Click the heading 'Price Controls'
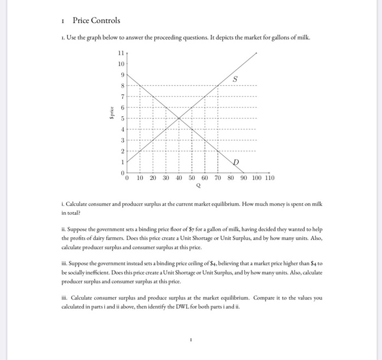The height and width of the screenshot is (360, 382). click(x=96, y=21)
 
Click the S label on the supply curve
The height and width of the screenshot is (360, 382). click(x=235, y=79)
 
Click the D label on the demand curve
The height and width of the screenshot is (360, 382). click(x=236, y=163)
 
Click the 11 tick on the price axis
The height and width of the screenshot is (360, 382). click(x=121, y=53)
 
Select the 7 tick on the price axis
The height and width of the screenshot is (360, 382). click(x=122, y=97)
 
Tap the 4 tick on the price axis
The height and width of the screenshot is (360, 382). click(x=122, y=129)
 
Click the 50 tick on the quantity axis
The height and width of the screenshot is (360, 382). click(x=192, y=178)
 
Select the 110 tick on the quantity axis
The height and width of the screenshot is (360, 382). click(x=270, y=178)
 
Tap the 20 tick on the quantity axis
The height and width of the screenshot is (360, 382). click(x=153, y=178)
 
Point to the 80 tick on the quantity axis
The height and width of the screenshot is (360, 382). click(x=230, y=178)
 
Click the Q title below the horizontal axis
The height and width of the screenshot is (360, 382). click(x=198, y=185)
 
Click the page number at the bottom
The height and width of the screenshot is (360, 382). click(x=190, y=338)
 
